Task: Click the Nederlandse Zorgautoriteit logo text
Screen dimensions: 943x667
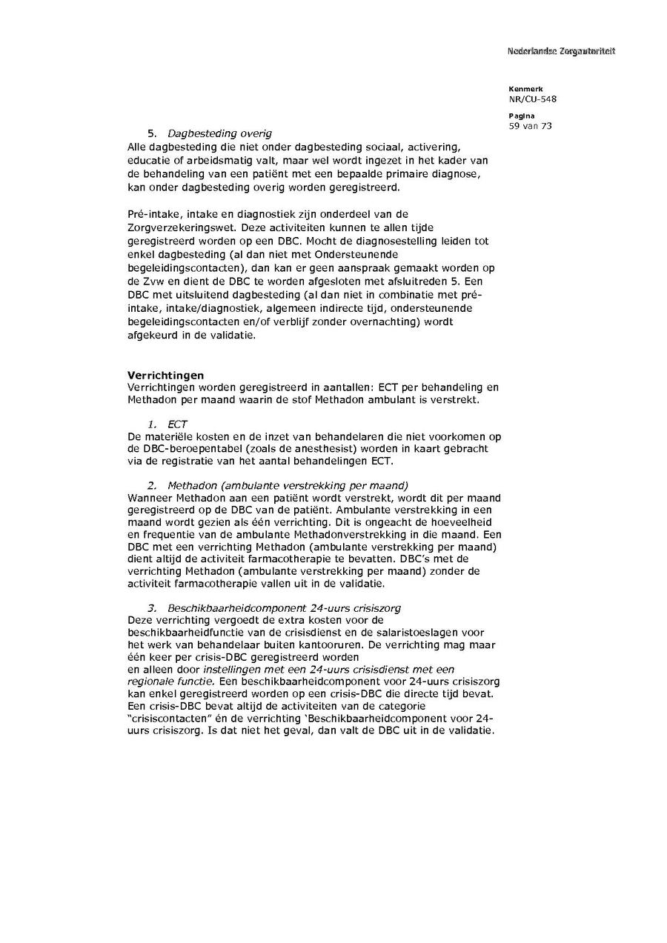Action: point(561,51)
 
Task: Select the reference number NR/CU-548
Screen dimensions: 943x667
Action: point(533,99)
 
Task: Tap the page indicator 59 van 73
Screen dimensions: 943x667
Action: point(531,126)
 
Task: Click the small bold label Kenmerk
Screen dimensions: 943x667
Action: point(525,89)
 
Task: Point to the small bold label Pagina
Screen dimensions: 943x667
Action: point(522,116)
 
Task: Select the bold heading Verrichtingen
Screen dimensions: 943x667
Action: point(165,376)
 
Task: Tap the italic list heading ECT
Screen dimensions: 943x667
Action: point(177,424)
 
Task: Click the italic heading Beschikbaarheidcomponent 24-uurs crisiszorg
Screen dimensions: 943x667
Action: point(285,608)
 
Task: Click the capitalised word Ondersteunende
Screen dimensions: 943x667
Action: point(420,253)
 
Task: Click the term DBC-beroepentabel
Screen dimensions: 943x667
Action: point(185,449)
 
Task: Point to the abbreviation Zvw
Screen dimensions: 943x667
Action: point(151,280)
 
